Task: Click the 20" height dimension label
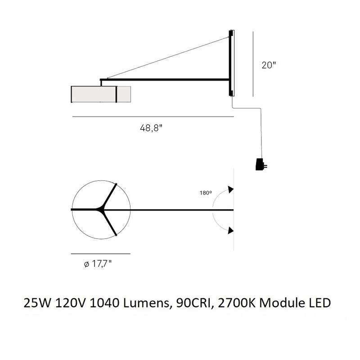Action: pos(268,65)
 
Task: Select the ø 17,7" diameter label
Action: pos(98,264)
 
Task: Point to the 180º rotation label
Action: pos(206,193)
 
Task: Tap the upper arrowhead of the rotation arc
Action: pos(230,189)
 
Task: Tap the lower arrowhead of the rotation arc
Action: pos(230,230)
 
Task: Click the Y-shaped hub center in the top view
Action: pos(101,210)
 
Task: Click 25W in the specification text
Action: pos(37,303)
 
